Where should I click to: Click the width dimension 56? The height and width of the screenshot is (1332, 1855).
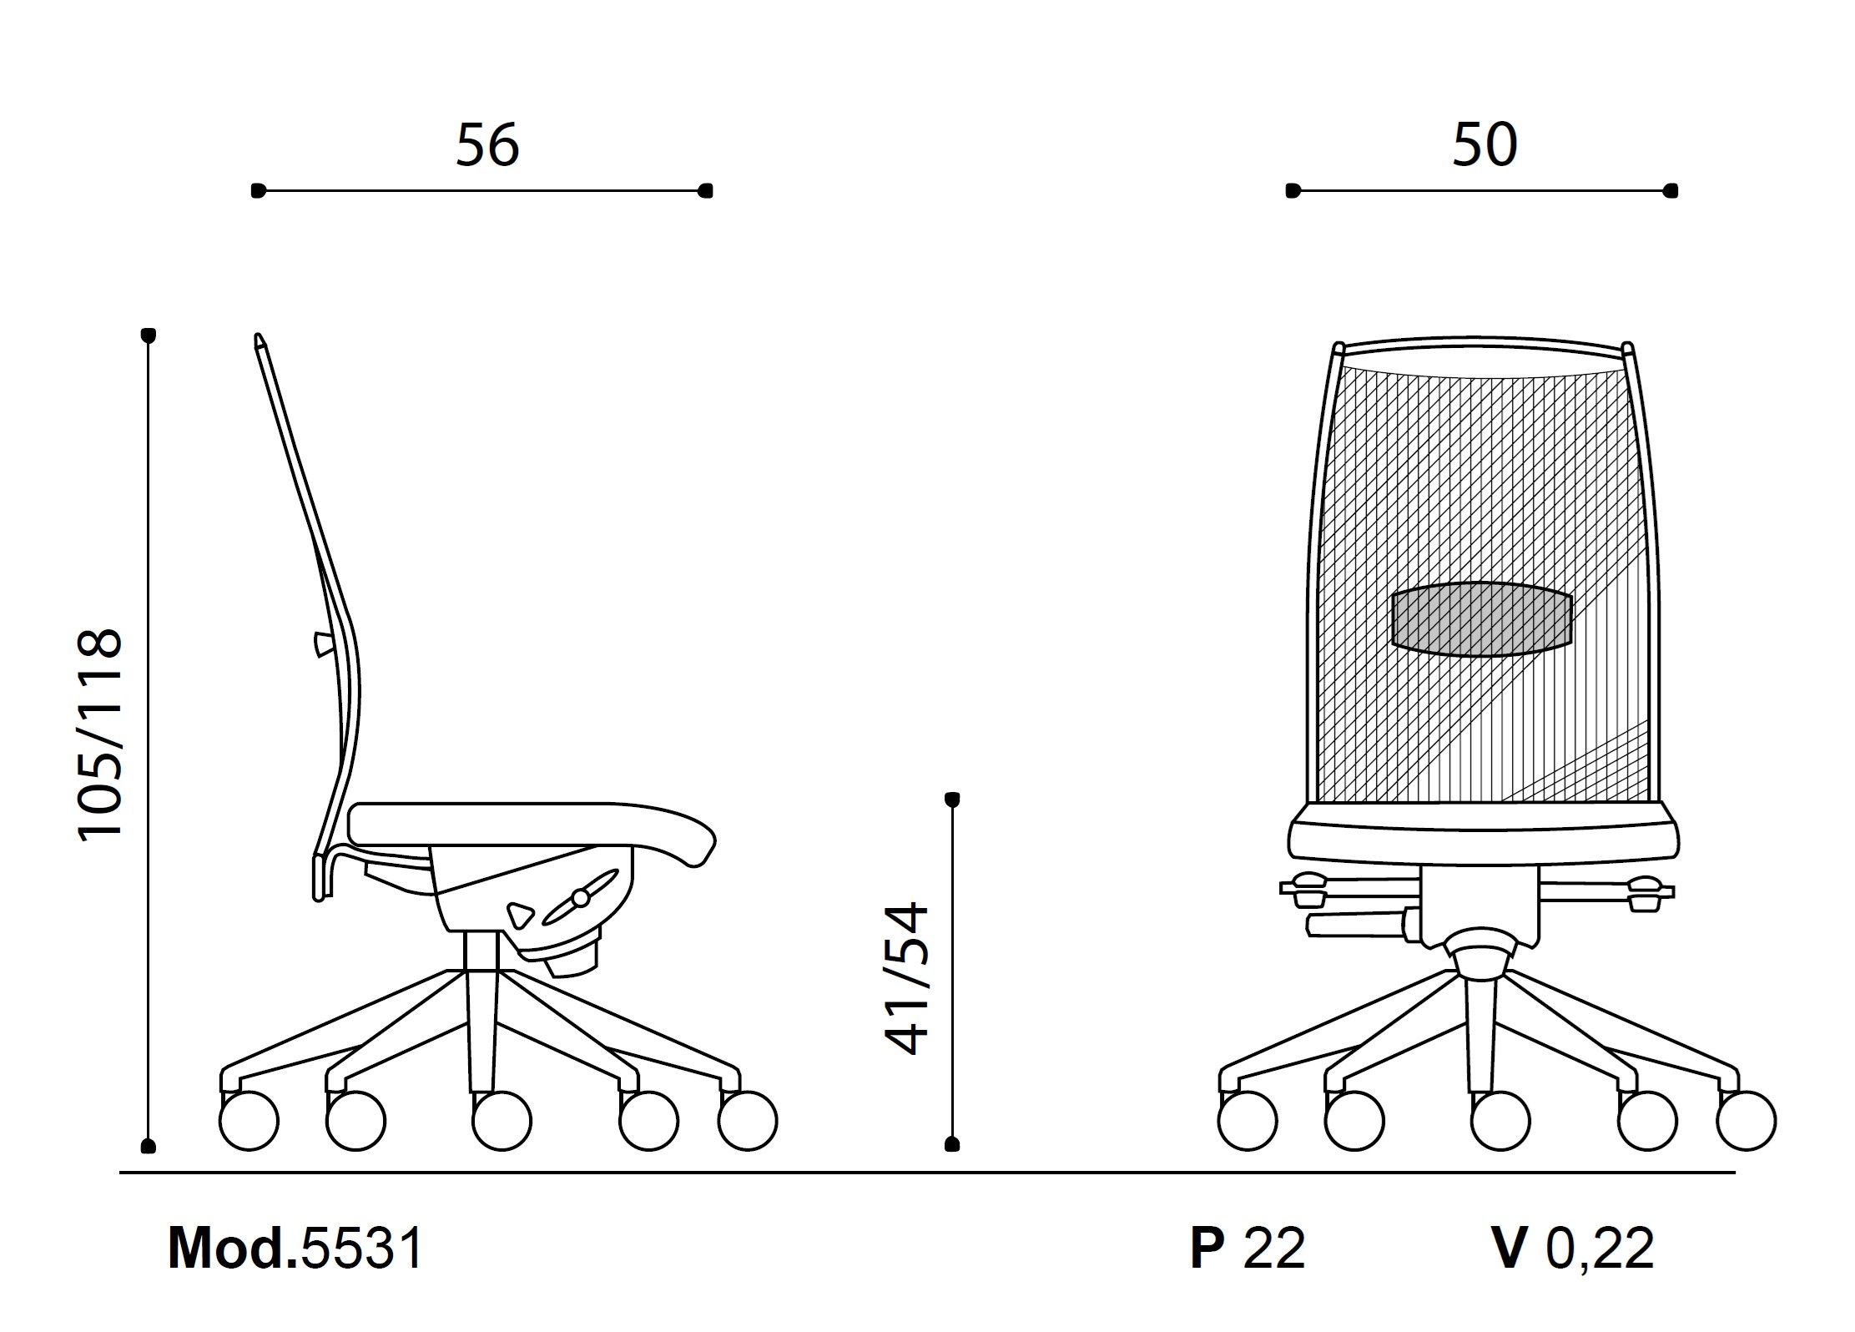487,145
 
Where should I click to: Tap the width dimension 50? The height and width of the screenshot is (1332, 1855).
1485,145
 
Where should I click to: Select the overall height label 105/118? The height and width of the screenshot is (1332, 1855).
101,733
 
